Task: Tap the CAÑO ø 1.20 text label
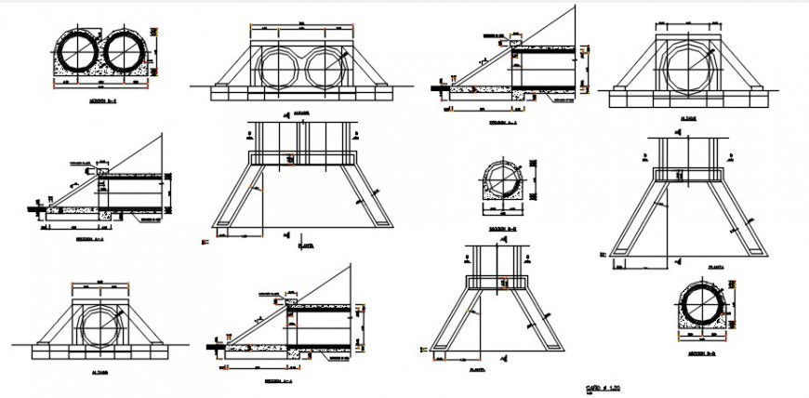coord(603,385)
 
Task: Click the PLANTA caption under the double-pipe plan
coord(301,246)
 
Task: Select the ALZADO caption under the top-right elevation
coord(689,119)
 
